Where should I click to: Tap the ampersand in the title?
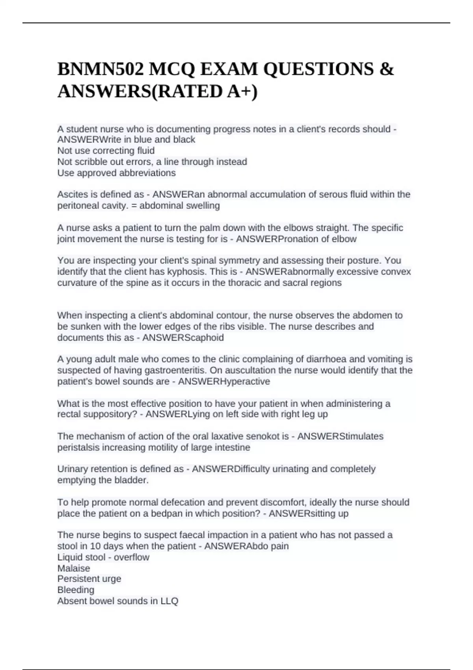[388, 69]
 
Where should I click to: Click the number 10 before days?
[95, 546]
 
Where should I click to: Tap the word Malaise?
[74, 568]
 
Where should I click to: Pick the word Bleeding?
[76, 590]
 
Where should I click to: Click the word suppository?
[102, 414]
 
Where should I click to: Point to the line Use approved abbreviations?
[117, 173]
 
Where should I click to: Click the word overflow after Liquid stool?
[132, 557]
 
